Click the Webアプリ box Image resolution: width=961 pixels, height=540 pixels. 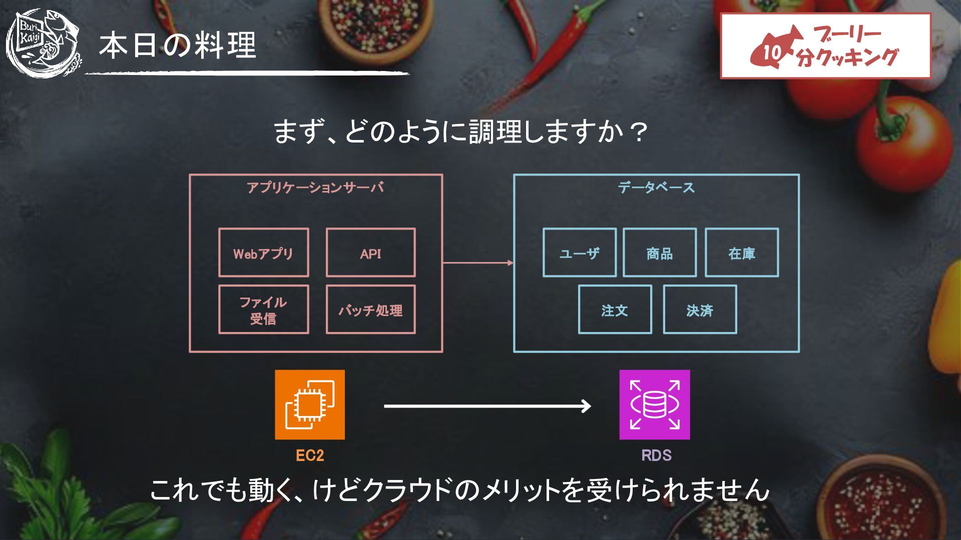(x=263, y=252)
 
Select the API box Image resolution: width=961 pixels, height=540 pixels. (x=370, y=252)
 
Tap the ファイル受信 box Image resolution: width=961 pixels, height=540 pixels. (x=263, y=309)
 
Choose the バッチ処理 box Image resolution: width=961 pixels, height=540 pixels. (x=370, y=309)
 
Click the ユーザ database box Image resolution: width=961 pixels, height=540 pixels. (x=579, y=252)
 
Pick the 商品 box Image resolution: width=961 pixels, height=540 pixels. (x=659, y=252)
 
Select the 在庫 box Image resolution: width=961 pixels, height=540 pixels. (x=741, y=252)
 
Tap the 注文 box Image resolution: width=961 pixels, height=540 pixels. (x=615, y=309)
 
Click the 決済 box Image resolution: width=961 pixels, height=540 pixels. (x=699, y=309)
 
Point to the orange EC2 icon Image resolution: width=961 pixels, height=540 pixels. (x=309, y=404)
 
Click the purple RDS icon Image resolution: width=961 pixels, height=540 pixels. (x=654, y=404)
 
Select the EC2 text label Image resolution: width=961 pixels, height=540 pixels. (x=309, y=455)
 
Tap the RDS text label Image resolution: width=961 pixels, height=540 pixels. (x=656, y=455)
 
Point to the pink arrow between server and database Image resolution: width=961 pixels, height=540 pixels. (x=478, y=262)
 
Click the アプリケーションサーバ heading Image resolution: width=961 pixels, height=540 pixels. (x=315, y=187)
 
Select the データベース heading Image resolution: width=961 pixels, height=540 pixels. (x=656, y=187)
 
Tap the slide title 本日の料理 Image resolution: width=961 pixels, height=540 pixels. (x=177, y=45)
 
